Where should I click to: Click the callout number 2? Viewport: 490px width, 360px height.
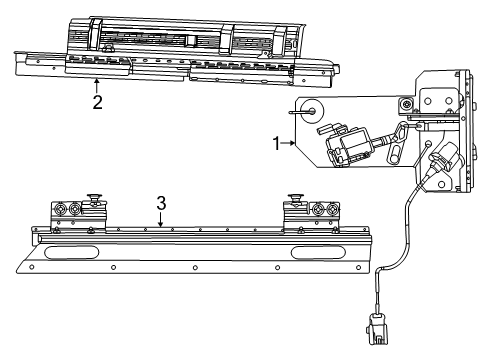pos(95,101)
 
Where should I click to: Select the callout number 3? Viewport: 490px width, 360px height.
pos(160,203)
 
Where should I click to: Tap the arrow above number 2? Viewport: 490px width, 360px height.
pos(95,79)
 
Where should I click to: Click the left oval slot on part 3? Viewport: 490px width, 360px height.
pos(67,252)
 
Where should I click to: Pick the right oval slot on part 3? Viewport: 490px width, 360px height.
pos(319,252)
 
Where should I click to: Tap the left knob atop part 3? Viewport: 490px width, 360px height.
pos(96,195)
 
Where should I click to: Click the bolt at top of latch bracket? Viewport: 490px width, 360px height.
pos(407,108)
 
